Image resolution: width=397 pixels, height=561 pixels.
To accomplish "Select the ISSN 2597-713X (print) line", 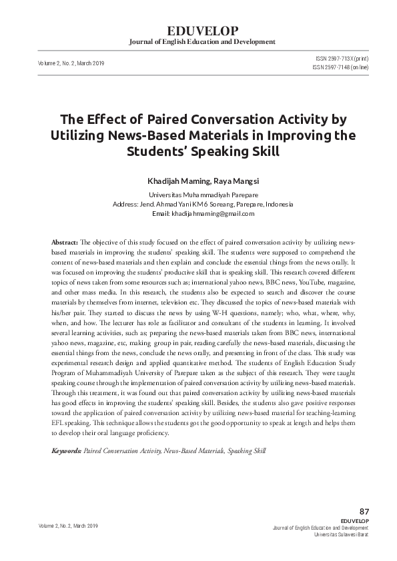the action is tap(341, 59).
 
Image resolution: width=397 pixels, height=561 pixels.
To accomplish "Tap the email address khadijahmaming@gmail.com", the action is tap(213, 213).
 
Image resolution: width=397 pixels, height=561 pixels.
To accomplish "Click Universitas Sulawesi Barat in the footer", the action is tap(340, 534).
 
